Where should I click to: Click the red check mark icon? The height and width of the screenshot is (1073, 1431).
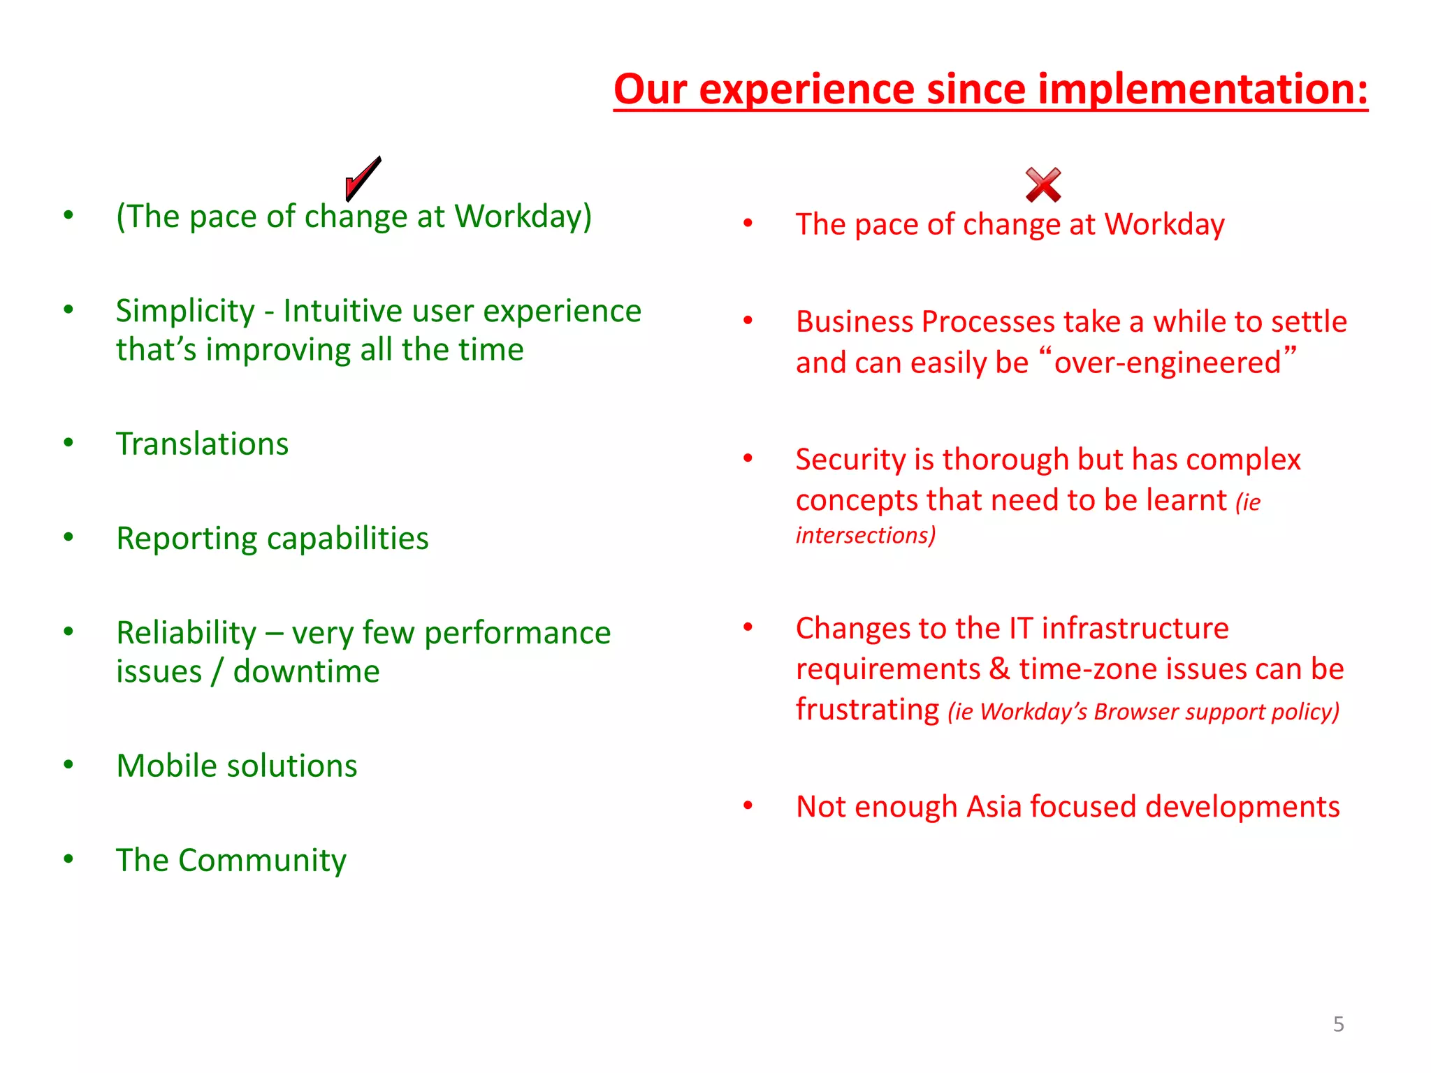pyautogui.click(x=363, y=177)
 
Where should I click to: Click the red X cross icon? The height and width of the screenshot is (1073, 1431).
pyautogui.click(x=1043, y=185)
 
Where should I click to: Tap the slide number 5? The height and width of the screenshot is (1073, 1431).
pyautogui.click(x=1338, y=1024)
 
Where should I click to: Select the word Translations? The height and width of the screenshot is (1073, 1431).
pyautogui.click(x=203, y=444)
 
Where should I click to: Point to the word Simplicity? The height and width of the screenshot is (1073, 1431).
pyautogui.click(x=185, y=312)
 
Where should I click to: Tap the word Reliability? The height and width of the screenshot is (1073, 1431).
pyautogui.click(x=187, y=634)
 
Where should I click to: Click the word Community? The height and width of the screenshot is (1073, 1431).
pyautogui.click(x=262, y=861)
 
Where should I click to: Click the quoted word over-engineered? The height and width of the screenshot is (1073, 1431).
pyautogui.click(x=1168, y=363)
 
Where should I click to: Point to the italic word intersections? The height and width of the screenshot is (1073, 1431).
pyautogui.click(x=865, y=536)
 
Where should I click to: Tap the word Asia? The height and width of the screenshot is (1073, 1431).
pyautogui.click(x=994, y=807)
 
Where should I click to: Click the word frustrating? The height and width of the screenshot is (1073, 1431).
pyautogui.click(x=867, y=710)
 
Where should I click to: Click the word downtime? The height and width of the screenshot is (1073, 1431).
pyautogui.click(x=306, y=672)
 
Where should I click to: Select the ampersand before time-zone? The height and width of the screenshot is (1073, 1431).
pyautogui.click(x=1000, y=669)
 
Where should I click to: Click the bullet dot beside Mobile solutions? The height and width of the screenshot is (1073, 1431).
pyautogui.click(x=68, y=765)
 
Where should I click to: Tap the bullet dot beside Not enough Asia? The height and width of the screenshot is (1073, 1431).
pyautogui.click(x=748, y=805)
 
